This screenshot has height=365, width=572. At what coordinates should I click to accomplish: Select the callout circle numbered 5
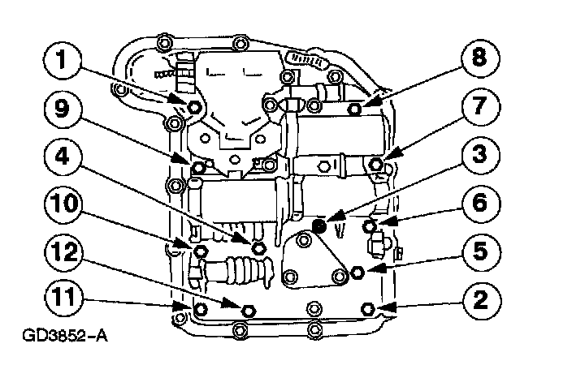pos(475,250)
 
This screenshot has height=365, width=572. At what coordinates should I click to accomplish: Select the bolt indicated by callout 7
pos(376,165)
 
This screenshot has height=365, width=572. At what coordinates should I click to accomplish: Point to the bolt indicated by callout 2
pos(366,308)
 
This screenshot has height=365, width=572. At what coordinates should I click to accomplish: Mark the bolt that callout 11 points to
pos(180,307)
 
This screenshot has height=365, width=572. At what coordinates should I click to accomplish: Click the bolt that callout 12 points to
pos(249,308)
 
